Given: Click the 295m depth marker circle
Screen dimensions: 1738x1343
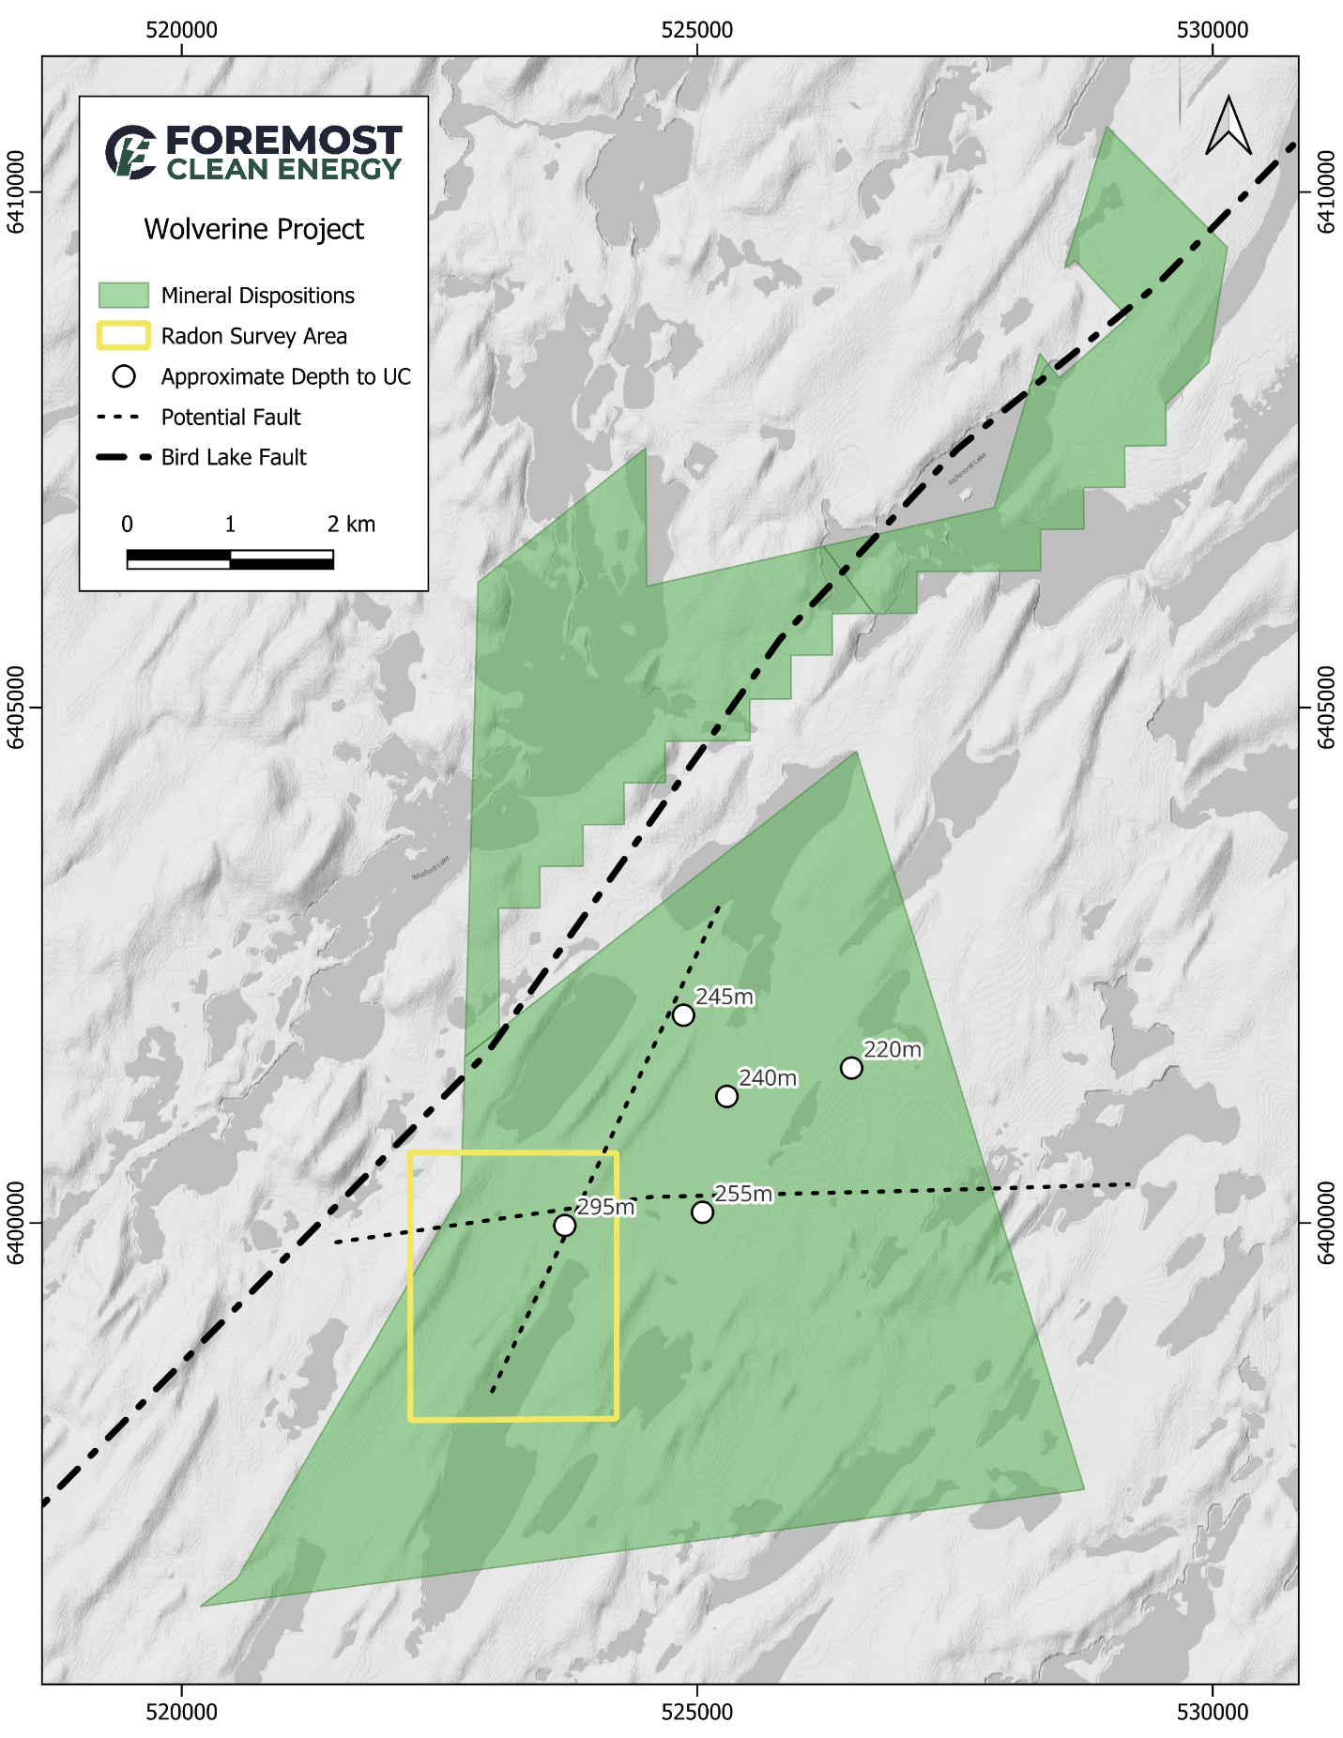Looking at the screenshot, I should [x=564, y=1226].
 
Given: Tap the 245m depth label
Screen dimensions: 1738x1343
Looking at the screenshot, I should [x=724, y=997].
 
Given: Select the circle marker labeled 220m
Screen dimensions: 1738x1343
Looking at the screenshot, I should [x=851, y=1068].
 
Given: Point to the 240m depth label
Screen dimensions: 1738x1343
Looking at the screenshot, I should [x=768, y=1078].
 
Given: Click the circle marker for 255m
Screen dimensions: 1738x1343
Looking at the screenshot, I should [x=702, y=1212].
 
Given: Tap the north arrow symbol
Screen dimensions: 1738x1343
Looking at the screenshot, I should [x=1229, y=126].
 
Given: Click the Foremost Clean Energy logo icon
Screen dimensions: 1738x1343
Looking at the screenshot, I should [x=130, y=151].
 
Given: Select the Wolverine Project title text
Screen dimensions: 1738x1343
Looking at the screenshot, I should [x=253, y=229].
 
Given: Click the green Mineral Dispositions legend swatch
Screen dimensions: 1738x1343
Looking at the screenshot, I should [x=124, y=295].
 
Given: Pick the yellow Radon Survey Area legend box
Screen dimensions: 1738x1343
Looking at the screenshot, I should [x=124, y=335].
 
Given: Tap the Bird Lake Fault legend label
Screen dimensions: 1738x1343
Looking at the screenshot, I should [x=234, y=457].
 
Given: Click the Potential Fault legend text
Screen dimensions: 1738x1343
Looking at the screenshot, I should [x=231, y=417].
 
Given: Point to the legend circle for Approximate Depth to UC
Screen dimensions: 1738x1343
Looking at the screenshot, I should [x=124, y=376].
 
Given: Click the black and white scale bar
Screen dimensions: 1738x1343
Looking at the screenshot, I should [x=230, y=559].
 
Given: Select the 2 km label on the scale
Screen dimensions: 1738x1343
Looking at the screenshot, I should [x=351, y=525].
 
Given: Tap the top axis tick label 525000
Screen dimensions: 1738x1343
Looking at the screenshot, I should [x=696, y=30].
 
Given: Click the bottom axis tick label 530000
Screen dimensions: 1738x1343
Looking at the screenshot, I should [x=1213, y=1712].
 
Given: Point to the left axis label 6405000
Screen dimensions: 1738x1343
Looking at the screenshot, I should [x=17, y=709].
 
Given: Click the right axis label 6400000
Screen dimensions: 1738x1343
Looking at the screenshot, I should [x=1326, y=1223].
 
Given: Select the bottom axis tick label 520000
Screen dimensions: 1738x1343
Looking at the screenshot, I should [x=181, y=1712].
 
